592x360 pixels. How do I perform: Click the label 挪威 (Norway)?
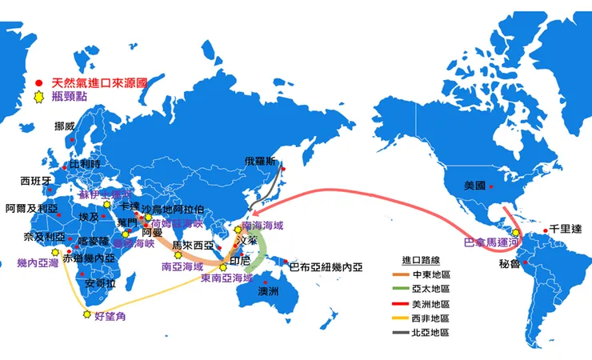tap(64, 126)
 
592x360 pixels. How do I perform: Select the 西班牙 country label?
tap(36, 181)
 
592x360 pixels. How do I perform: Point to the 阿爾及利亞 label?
tap(31, 208)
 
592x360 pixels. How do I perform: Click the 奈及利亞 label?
tap(40, 238)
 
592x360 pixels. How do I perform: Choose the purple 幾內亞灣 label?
tap(38, 262)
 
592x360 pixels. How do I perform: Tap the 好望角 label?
tap(110, 317)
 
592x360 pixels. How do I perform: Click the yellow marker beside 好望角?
tap(86, 314)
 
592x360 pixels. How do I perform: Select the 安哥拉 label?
tap(100, 284)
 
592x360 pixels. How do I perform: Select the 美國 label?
tap(474, 186)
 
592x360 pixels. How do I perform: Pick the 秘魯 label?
tap(510, 263)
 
